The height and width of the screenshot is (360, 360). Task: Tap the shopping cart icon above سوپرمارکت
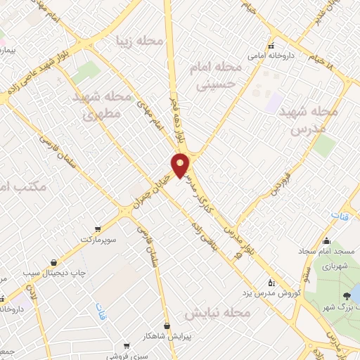pos(96,229)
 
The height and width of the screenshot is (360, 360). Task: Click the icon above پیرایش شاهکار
pos(167,326)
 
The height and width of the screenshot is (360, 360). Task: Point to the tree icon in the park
pos(347,297)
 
